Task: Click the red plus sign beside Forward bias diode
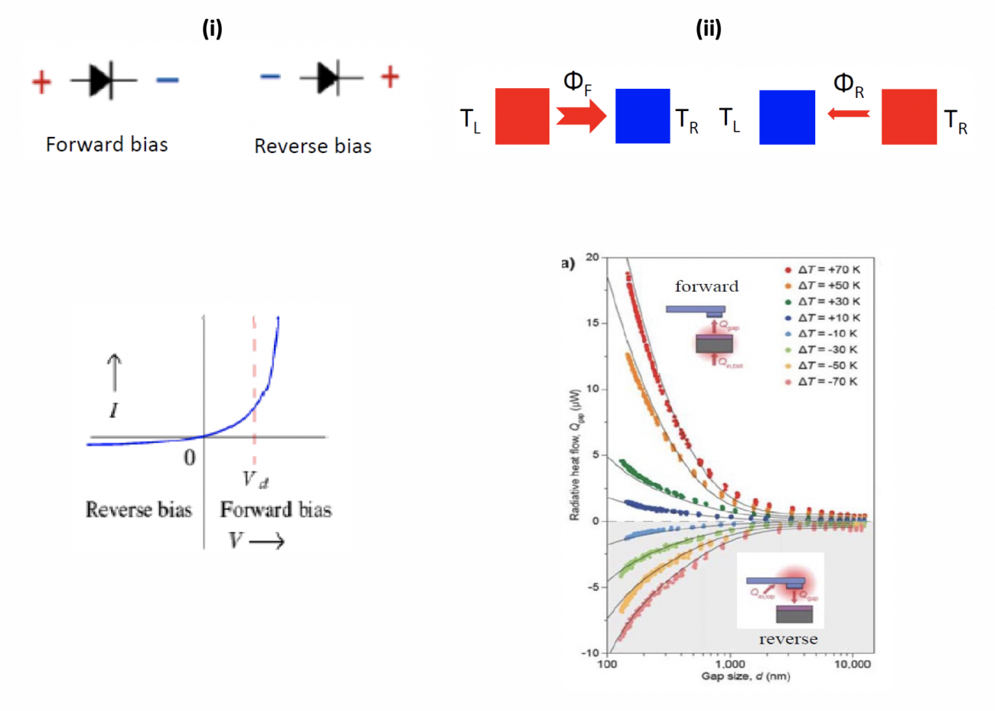41,81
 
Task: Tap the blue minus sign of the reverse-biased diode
269,77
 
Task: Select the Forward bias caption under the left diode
106,145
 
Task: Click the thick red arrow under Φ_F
581,116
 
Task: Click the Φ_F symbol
576,83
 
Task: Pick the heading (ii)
708,29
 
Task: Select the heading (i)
212,29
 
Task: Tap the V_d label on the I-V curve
255,480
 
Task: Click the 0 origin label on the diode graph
189,458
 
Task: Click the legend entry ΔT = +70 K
828,269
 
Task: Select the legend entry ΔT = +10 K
828,318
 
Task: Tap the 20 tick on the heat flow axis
592,257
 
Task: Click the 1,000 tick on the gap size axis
729,664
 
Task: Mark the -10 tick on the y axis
590,653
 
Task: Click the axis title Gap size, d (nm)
745,677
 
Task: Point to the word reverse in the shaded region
788,639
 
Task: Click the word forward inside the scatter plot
706,287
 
